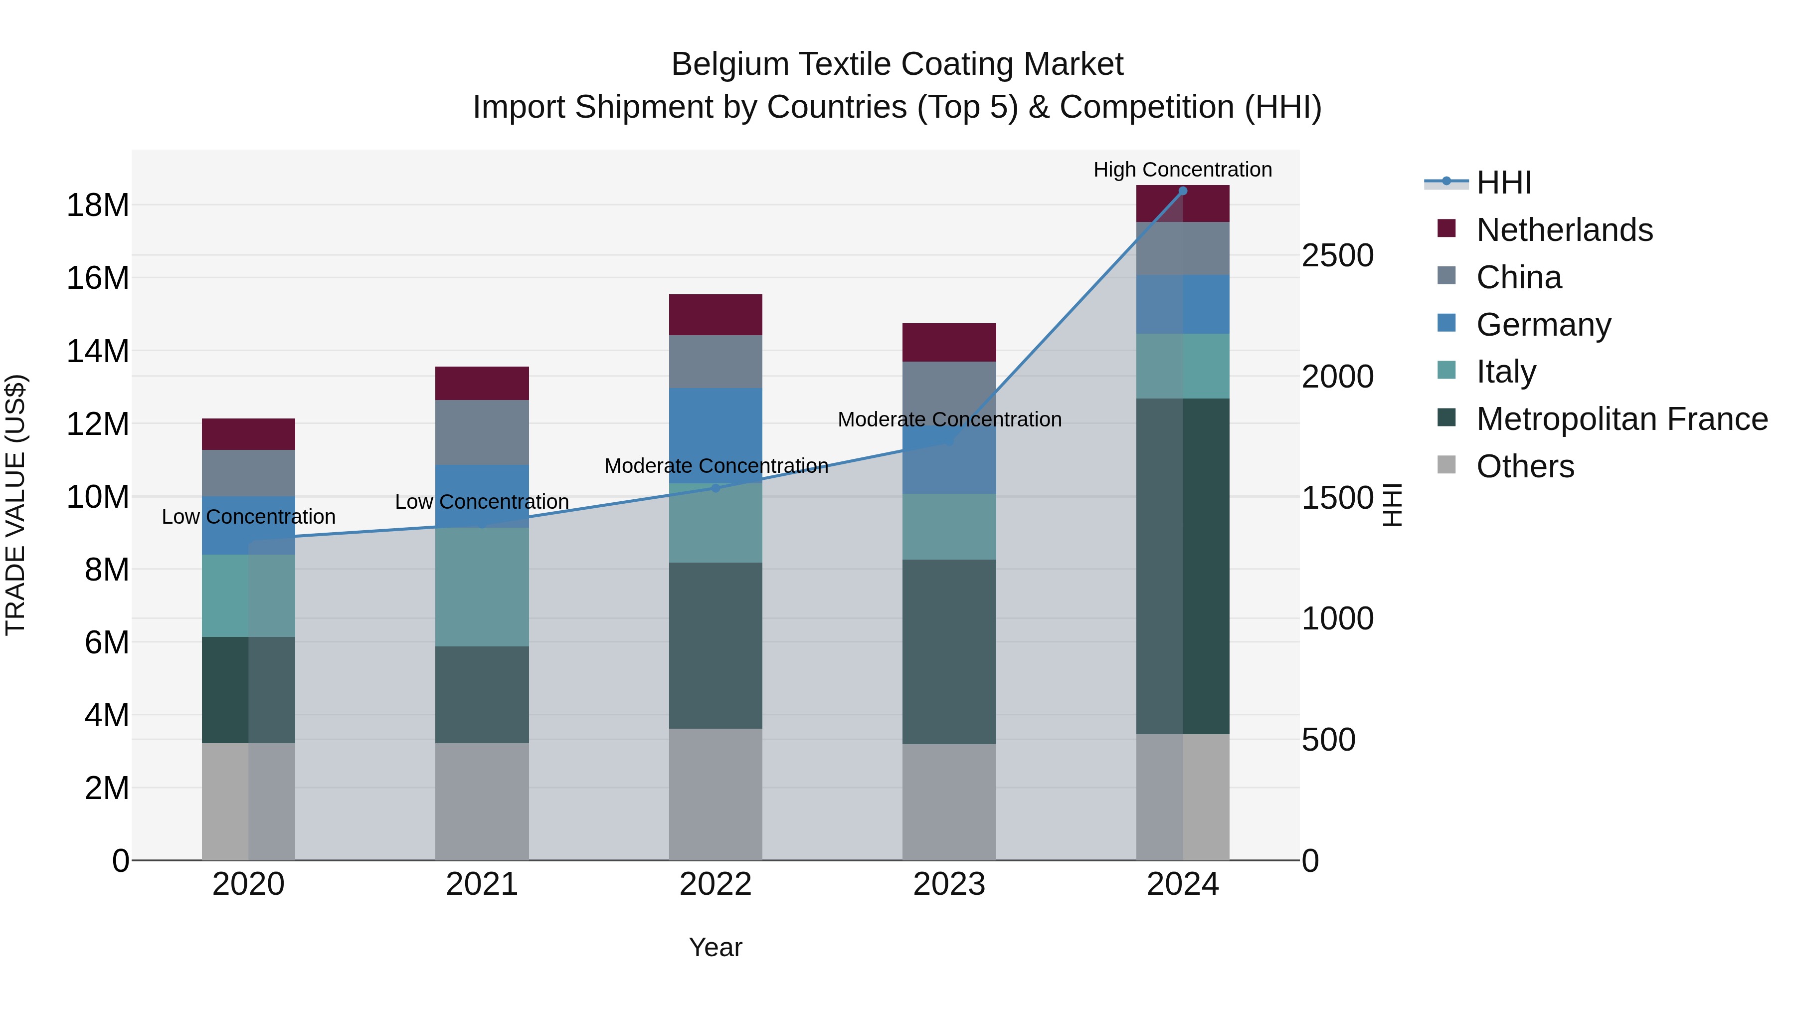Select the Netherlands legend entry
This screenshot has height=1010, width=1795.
(1564, 230)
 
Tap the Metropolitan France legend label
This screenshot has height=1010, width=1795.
(1621, 419)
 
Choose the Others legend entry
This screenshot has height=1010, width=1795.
(1525, 467)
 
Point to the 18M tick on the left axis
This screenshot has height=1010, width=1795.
(98, 205)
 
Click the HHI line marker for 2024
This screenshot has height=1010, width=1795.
(1183, 191)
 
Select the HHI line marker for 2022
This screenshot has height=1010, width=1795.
(715, 488)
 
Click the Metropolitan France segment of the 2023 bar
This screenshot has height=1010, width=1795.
(948, 652)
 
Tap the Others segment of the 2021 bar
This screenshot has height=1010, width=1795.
(482, 802)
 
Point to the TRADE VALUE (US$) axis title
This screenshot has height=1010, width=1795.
(15, 505)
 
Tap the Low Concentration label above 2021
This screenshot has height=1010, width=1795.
(482, 502)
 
